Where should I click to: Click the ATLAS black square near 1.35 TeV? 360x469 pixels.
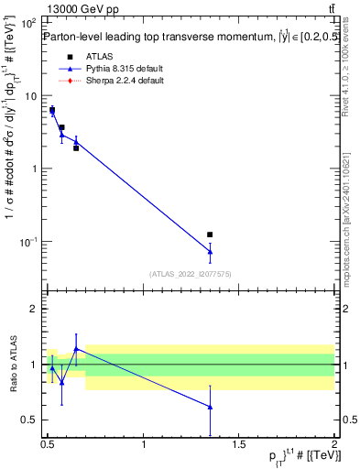point(210,235)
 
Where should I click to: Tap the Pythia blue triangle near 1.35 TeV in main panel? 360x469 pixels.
point(210,251)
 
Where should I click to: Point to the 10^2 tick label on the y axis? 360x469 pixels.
point(29,22)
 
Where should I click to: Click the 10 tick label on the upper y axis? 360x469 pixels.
point(29,95)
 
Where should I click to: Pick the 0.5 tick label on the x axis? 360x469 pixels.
point(48,444)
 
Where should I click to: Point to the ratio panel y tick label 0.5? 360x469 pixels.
point(29,420)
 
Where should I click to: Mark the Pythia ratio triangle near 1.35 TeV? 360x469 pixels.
point(210,407)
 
